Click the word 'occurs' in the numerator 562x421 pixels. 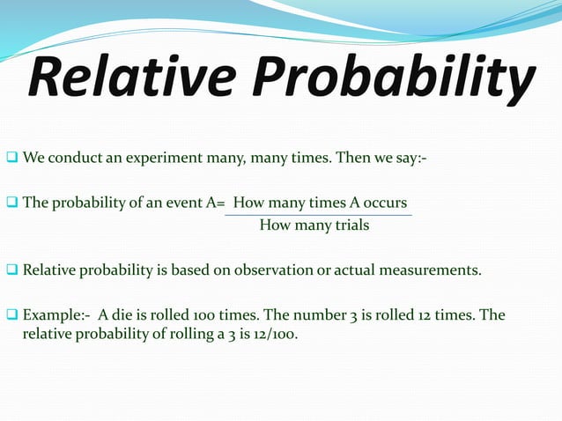click(384, 203)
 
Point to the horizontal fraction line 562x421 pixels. click(318, 215)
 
